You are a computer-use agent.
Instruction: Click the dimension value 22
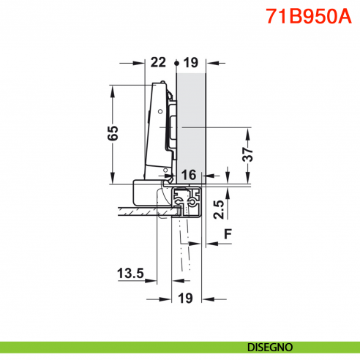(x=158, y=63)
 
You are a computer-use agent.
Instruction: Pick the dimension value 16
(x=189, y=175)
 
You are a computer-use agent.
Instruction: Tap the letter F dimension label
(x=228, y=234)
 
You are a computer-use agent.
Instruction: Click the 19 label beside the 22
(x=191, y=63)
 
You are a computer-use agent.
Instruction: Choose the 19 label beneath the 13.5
(x=186, y=298)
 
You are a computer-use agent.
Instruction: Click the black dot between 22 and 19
(x=176, y=64)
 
